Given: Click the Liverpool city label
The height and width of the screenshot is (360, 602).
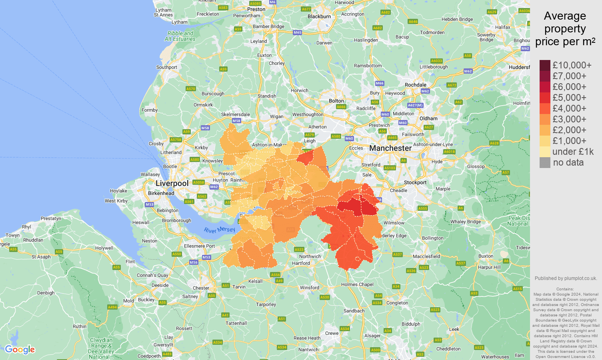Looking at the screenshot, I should (x=172, y=183).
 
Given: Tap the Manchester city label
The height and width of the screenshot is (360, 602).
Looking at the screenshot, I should (x=390, y=148).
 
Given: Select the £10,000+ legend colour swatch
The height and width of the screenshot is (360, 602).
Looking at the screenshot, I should (x=545, y=65).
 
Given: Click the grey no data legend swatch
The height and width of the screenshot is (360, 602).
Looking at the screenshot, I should (x=545, y=162).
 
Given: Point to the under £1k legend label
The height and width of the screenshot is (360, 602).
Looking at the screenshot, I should (x=573, y=152).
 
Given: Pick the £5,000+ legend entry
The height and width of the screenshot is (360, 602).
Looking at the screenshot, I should (x=569, y=98).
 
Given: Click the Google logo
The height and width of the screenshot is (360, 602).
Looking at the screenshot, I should (x=20, y=350).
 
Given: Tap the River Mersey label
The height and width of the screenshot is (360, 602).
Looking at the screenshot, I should (x=219, y=230).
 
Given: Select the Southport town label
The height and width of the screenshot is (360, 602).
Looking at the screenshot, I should (x=166, y=67).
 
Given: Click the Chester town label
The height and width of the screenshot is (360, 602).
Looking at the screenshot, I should (x=201, y=288).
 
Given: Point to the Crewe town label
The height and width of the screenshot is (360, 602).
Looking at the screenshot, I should (x=332, y=333).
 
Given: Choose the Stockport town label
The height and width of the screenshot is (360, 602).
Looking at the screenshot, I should (x=415, y=182).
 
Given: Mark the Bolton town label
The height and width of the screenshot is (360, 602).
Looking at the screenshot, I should (x=336, y=101).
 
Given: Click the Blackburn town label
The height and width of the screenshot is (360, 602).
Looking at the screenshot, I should (x=319, y=16).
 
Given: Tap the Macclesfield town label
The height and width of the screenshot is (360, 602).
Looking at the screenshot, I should (x=426, y=256).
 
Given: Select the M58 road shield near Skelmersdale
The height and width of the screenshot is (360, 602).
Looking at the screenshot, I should (x=236, y=120).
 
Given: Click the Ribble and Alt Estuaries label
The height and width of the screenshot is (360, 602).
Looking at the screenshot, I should (x=180, y=36).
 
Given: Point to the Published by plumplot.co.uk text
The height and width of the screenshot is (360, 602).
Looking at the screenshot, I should (x=566, y=278).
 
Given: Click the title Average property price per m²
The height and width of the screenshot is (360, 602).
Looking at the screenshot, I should (x=565, y=29).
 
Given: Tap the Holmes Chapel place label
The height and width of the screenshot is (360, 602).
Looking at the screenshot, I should (x=357, y=284).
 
